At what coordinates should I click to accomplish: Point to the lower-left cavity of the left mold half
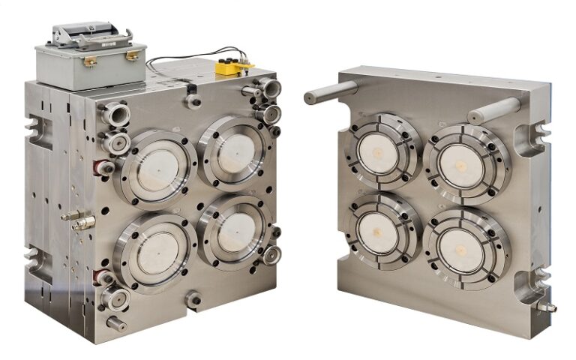pyautogui.click(x=154, y=250)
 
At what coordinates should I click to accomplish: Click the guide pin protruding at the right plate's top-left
pyautogui.click(x=330, y=92)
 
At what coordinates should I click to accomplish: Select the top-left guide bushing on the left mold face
pyautogui.click(x=116, y=114)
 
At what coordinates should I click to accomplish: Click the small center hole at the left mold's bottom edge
pyautogui.click(x=193, y=299)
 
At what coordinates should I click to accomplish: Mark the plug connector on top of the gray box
pyautogui.click(x=88, y=34)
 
